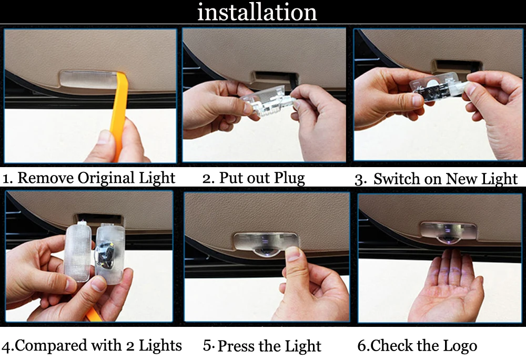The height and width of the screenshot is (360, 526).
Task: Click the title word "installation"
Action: [x=257, y=12]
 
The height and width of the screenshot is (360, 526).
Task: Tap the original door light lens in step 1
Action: [x=88, y=79]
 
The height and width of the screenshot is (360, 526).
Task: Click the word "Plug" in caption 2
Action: [x=289, y=178]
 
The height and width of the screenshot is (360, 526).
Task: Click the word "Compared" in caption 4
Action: [x=50, y=346]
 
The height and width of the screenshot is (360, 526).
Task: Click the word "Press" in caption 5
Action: [x=234, y=346]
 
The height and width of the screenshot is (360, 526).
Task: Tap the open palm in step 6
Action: [x=446, y=289]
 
